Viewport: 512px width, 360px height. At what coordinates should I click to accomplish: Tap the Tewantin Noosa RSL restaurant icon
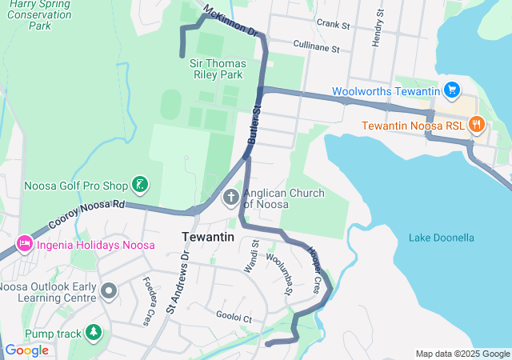(477, 124)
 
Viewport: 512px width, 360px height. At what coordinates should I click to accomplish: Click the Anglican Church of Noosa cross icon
(230, 197)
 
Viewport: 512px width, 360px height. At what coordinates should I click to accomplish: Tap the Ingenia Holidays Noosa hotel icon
(22, 242)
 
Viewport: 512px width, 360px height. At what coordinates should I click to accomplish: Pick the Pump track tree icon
(94, 331)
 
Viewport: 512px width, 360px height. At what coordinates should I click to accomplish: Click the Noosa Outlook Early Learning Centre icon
(108, 289)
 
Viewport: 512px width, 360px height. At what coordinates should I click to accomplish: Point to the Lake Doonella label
(442, 238)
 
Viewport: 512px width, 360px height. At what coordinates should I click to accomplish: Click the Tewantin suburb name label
(208, 237)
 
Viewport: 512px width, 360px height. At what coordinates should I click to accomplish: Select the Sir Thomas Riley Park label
(216, 69)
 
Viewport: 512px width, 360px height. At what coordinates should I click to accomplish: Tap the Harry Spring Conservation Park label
(40, 15)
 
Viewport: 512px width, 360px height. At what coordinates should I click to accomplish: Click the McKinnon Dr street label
(232, 22)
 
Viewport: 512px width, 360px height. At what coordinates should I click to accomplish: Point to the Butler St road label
(254, 124)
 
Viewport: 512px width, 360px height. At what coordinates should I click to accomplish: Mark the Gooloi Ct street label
(234, 318)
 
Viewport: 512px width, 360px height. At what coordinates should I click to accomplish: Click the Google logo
(27, 350)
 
